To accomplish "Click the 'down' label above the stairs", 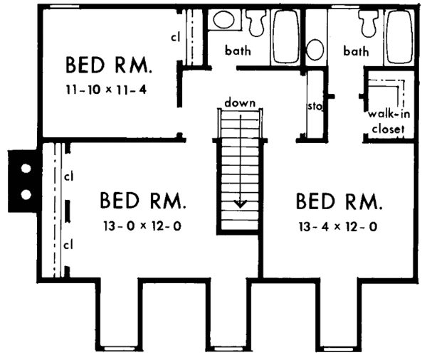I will [x=241, y=103].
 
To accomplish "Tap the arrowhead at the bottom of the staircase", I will [x=241, y=203].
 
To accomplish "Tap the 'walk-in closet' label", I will [x=386, y=122].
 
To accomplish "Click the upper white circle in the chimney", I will [x=26, y=169].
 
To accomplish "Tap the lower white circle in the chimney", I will [x=26, y=193].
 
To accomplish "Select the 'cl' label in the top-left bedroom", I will [x=175, y=36].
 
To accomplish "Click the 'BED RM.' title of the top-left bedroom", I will [x=108, y=66].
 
